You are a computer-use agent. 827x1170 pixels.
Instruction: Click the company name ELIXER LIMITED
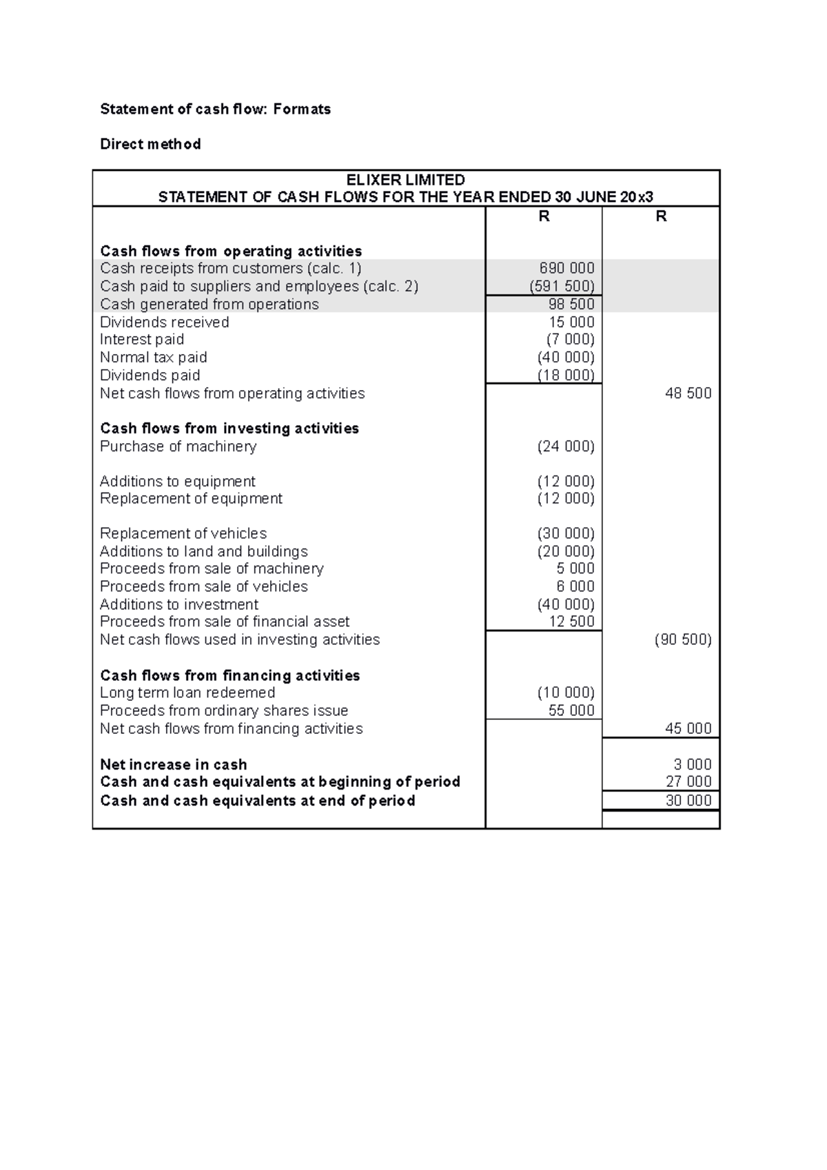[405, 180]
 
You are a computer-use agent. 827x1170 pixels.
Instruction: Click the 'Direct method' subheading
[150, 144]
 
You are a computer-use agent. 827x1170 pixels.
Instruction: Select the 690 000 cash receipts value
[566, 268]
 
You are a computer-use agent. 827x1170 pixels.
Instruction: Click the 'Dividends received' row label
[164, 322]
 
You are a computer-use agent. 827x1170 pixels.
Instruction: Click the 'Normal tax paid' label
[153, 357]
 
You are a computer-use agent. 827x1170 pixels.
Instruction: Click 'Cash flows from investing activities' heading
[229, 429]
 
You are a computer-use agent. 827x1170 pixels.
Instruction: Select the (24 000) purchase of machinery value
[565, 447]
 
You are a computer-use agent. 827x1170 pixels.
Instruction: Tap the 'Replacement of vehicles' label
[183, 533]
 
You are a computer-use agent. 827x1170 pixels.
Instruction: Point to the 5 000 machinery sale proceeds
[575, 568]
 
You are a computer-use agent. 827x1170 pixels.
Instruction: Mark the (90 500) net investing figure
[682, 639]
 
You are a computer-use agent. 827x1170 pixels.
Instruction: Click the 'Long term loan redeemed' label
[187, 692]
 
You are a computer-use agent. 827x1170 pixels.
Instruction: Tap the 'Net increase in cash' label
[173, 764]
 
